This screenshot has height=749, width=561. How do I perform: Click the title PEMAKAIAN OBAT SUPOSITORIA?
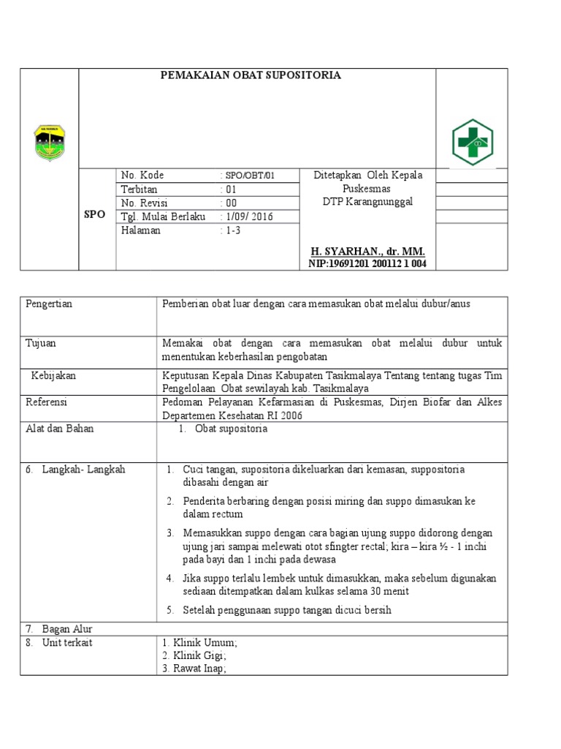pos(251,75)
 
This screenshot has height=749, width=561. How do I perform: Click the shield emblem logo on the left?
pos(50,143)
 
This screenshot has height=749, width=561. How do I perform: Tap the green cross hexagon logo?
pos(472,142)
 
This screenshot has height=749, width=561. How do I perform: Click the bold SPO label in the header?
pos(95,215)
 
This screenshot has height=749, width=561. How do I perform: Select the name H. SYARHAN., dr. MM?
pos(367,251)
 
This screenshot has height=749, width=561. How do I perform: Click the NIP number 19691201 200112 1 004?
pos(367,263)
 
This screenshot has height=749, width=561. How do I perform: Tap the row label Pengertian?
pos(49,304)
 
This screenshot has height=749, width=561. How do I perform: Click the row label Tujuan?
pos(41,343)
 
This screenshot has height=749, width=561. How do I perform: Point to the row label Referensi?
pos(46,402)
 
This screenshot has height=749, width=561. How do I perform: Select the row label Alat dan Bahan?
pos(60,429)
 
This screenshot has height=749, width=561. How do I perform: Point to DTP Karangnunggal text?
pos(367,202)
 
